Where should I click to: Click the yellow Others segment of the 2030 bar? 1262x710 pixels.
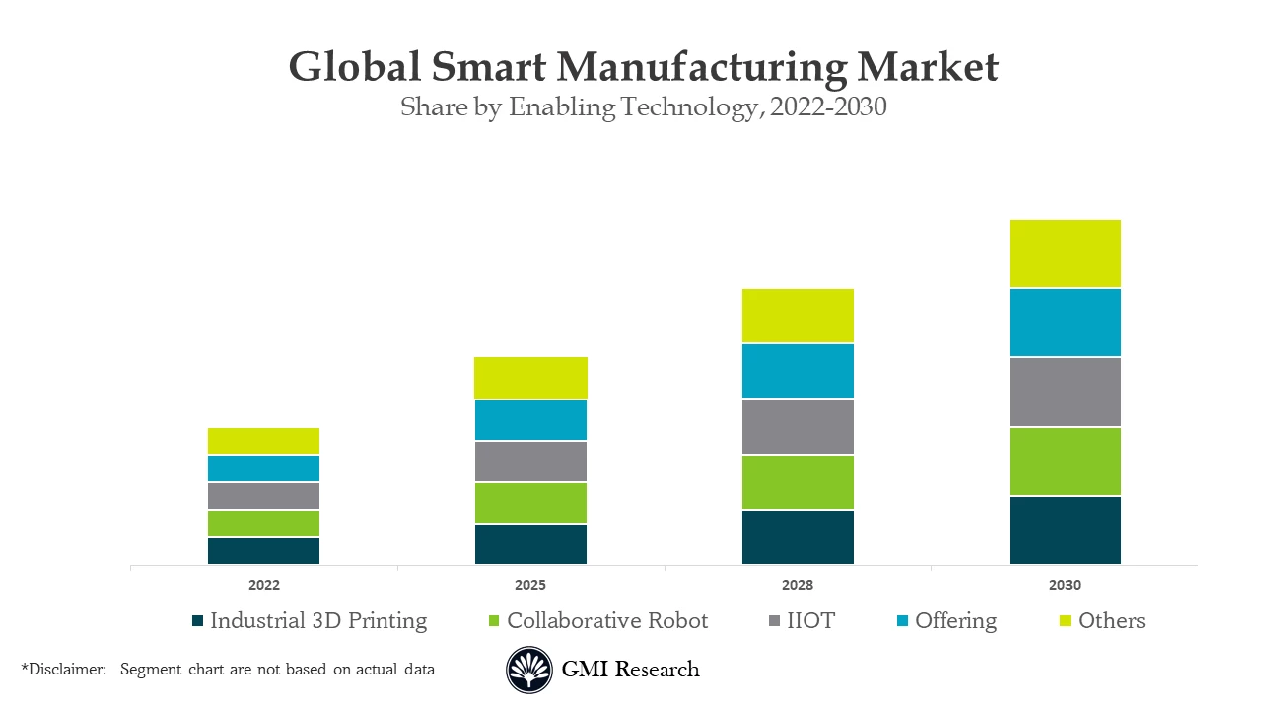pos(1065,253)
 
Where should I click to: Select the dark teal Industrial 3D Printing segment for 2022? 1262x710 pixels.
pos(263,551)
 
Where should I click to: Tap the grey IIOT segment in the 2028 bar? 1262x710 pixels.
pos(798,427)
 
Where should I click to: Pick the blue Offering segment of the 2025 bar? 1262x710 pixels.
pos(530,420)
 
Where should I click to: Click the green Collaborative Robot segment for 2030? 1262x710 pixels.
pos(1065,461)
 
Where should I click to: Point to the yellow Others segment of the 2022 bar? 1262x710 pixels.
pos(263,441)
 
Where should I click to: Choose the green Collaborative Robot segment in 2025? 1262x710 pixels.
pos(530,503)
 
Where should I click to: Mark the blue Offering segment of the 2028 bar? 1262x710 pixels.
pos(798,371)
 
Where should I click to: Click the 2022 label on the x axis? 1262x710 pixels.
pos(263,585)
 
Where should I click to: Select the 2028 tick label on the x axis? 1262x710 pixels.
pos(798,585)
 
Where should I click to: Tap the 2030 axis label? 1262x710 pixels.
pos(1065,585)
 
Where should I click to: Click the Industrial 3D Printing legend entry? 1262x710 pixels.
pos(317,621)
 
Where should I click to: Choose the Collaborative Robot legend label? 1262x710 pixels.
pos(606,621)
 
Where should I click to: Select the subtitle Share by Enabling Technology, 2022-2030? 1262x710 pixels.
pos(643,107)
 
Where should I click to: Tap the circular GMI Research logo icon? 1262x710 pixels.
pos(529,670)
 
